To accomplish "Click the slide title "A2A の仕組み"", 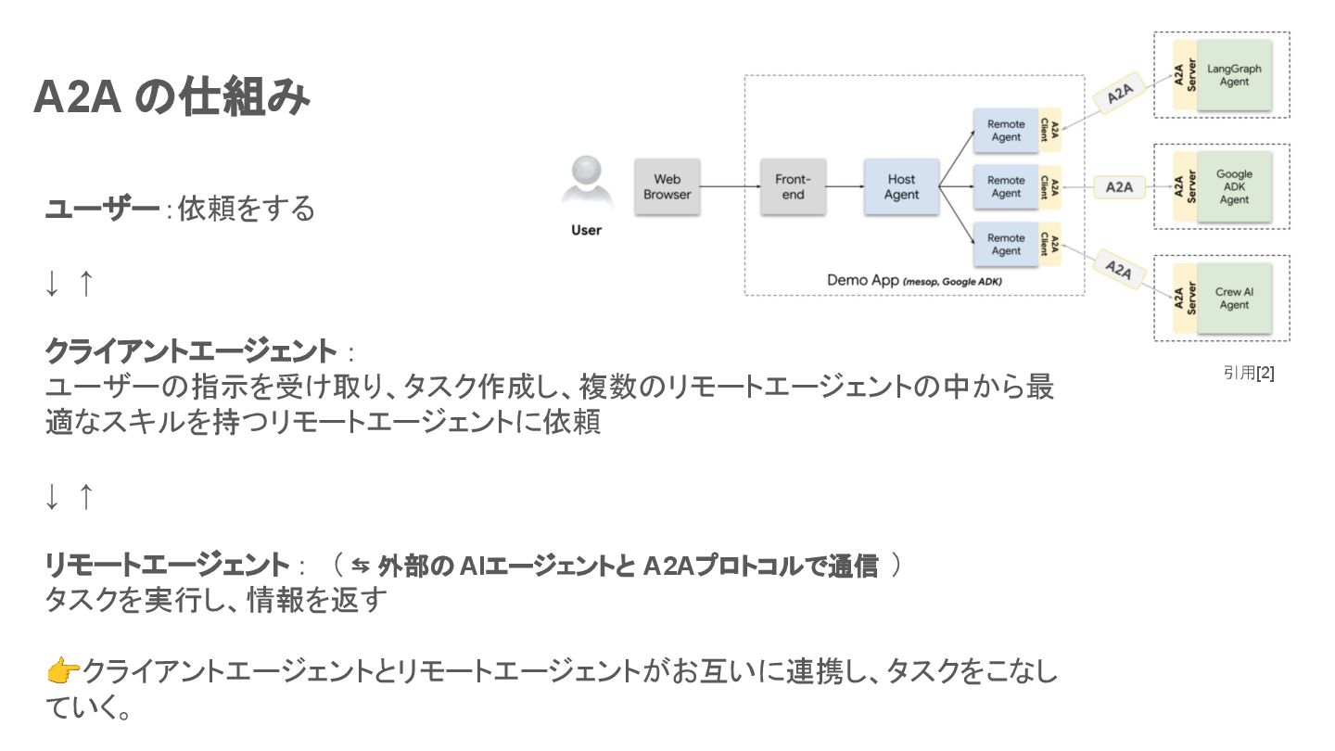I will pos(172,99).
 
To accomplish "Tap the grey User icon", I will pos(586,182).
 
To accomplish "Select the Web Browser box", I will pos(667,187).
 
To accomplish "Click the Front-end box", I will pos(793,187).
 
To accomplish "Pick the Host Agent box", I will pos(901,187).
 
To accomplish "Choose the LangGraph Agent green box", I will pos(1234,75).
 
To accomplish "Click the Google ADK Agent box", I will pos(1234,186).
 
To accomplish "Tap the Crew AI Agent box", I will pos(1234,299).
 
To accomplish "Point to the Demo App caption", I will pos(913,280).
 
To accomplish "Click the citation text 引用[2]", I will pos(1249,373).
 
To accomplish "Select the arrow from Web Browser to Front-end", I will pos(730,187).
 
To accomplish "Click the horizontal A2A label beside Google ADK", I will pos(1119,187).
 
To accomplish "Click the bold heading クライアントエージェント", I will pos(192,352).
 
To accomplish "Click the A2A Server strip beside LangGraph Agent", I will pos(1184,75).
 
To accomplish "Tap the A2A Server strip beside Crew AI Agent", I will pos(1184,299).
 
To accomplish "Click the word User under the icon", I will pos(586,230).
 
